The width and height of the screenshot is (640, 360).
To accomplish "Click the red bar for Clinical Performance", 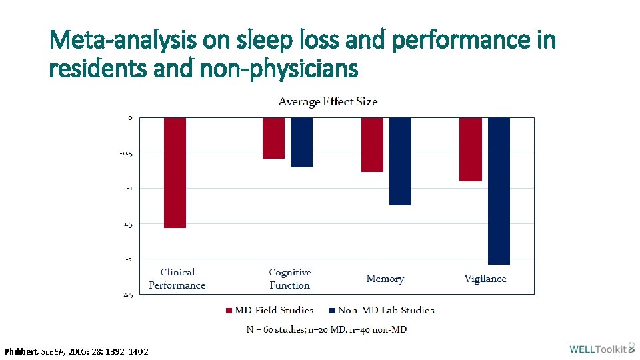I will point(175,173).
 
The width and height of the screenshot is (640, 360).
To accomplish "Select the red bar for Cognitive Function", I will point(273,138).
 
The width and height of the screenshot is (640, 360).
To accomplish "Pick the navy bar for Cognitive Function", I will point(301,142).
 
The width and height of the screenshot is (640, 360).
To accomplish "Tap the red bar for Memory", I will point(372,145).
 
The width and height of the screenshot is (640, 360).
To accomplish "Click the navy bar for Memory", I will point(400,161).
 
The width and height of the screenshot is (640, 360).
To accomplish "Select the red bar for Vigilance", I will point(471,149).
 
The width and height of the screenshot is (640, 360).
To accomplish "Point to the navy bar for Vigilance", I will point(499,191).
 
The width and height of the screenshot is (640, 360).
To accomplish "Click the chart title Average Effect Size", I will point(327,102).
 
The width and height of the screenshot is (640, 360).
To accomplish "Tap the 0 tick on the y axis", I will point(130,118).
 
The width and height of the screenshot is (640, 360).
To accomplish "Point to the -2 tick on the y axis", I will point(129,259).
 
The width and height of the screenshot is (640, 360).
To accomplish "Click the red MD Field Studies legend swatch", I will point(229,311).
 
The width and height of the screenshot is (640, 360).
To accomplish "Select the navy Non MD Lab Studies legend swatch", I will point(332,311).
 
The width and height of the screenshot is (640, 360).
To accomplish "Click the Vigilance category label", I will point(485,279).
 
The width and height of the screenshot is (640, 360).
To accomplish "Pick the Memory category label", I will point(385,279).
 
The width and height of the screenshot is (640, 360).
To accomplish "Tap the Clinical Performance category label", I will point(177,279).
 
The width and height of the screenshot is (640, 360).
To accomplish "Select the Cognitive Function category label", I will point(290,279).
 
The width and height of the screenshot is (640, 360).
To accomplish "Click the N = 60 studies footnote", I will point(327,329).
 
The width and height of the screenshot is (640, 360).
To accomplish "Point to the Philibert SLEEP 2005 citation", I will point(77,351).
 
